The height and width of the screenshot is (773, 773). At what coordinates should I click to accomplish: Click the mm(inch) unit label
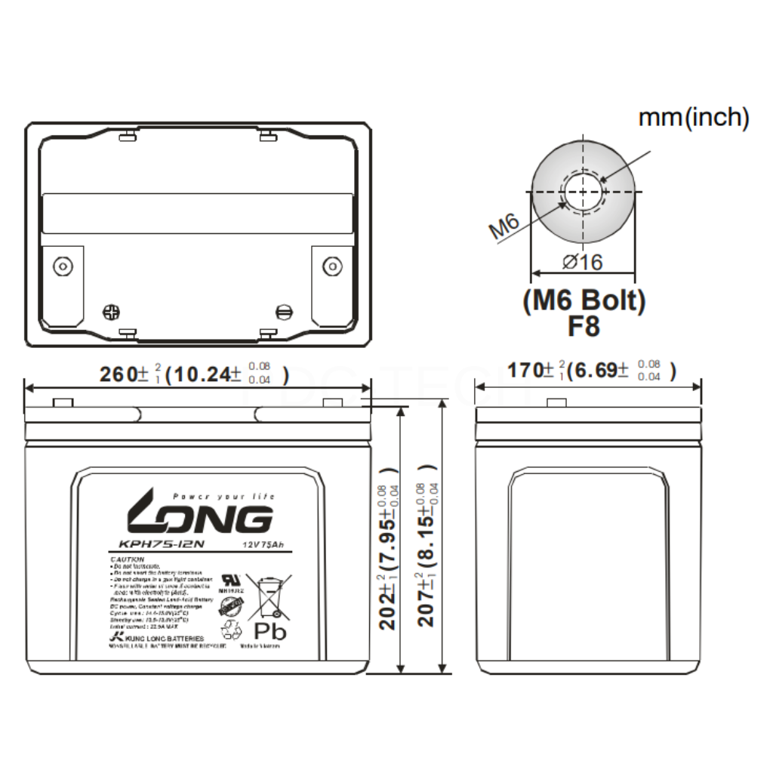694,118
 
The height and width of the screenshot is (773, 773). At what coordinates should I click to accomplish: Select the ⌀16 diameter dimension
583,262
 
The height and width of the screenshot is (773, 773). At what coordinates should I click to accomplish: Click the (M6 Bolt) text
584,301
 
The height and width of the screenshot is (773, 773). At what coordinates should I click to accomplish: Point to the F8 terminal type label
584,328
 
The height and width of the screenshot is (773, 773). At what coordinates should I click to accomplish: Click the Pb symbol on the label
270,630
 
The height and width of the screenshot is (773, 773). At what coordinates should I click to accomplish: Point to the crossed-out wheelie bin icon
270,595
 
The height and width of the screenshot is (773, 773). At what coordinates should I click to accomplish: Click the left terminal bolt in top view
61,266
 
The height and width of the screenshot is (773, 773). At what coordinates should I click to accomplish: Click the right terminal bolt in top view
331,266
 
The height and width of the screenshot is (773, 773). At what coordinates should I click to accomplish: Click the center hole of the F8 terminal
583,192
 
